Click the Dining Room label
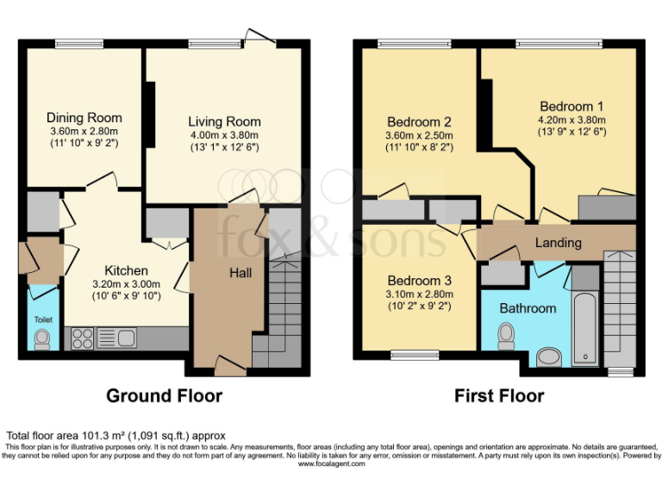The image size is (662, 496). click(x=84, y=118)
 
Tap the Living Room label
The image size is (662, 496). click(x=224, y=121)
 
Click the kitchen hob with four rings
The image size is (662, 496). click(x=82, y=338)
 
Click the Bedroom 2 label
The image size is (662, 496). click(x=419, y=121)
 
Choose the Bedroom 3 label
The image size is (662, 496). click(x=419, y=281)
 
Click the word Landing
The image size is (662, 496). click(x=558, y=243)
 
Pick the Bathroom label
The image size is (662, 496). click(x=529, y=307)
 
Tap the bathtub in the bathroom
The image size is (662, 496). click(x=585, y=327)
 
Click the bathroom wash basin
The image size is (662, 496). click(x=548, y=355)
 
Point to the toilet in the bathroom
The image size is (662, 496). click(x=506, y=334)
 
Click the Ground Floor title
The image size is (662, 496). click(x=164, y=396)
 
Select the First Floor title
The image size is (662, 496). click(x=499, y=396)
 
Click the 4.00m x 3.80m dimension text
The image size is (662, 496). click(x=224, y=134)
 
